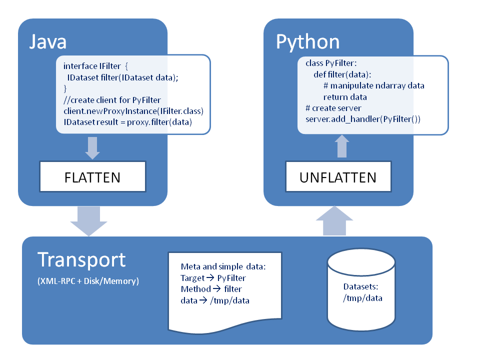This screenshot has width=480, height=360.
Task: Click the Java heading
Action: click(x=47, y=41)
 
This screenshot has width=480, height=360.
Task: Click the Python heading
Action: click(x=307, y=41)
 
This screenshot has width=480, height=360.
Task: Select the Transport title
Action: click(x=81, y=260)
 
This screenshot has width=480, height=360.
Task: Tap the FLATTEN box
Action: click(x=92, y=177)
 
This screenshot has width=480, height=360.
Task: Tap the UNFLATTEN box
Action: click(x=338, y=177)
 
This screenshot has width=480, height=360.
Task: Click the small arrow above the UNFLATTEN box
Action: click(x=341, y=146)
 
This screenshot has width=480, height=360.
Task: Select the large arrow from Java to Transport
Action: click(x=89, y=220)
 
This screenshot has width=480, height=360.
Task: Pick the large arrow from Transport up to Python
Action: click(x=341, y=220)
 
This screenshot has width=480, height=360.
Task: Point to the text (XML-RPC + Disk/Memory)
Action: click(x=88, y=281)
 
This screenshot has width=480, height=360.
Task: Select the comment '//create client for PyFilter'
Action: click(x=112, y=100)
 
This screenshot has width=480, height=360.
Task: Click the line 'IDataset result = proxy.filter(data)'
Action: click(x=127, y=122)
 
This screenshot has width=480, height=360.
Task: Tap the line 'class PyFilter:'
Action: click(x=331, y=63)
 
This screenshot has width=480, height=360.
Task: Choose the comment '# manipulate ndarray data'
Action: click(x=373, y=85)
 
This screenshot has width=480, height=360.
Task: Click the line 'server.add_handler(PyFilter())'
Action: click(x=363, y=119)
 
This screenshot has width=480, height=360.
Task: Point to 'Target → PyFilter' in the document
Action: click(x=213, y=278)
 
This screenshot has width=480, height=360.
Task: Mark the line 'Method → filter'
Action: click(x=210, y=289)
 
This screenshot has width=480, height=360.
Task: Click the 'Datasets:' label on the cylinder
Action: click(x=360, y=287)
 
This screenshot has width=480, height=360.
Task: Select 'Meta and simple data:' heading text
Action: click(x=223, y=266)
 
